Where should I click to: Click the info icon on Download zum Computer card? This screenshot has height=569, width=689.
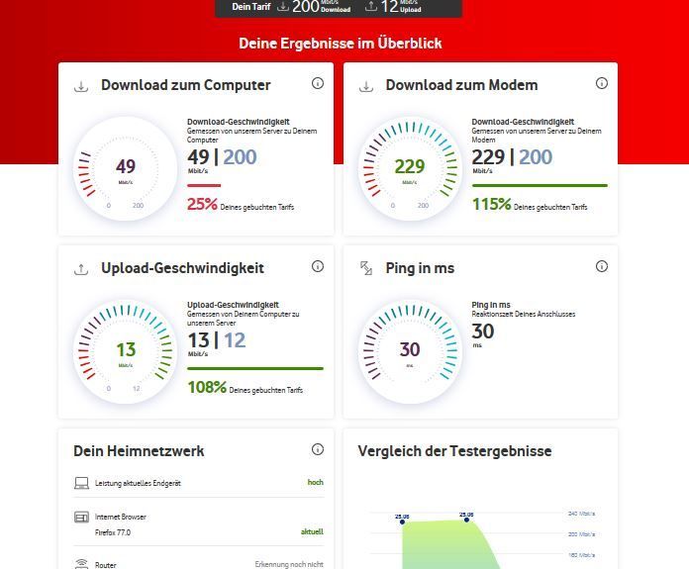pyautogui.click(x=318, y=83)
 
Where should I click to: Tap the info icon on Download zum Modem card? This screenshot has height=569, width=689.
pyautogui.click(x=602, y=83)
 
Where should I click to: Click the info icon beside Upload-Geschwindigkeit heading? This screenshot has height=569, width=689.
pyautogui.click(x=318, y=266)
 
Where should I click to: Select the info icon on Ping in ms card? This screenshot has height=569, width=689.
pyautogui.click(x=602, y=266)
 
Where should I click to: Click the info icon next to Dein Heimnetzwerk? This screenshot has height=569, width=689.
pyautogui.click(x=318, y=449)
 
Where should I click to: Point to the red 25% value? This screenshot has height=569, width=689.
pyautogui.click(x=202, y=205)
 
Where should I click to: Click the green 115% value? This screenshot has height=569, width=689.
pyautogui.click(x=491, y=205)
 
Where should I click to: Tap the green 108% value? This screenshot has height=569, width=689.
pyautogui.click(x=207, y=387)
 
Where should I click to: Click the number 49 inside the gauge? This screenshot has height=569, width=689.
pyautogui.click(x=126, y=166)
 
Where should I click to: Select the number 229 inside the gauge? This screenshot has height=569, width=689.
pyautogui.click(x=410, y=166)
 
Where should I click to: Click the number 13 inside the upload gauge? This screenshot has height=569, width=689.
pyautogui.click(x=126, y=349)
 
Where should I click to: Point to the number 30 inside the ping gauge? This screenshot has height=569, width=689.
pyautogui.click(x=410, y=349)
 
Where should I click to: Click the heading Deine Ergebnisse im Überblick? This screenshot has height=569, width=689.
pyautogui.click(x=340, y=44)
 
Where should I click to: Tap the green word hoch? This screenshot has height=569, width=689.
pyautogui.click(x=315, y=483)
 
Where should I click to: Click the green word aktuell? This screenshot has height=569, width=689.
pyautogui.click(x=312, y=532)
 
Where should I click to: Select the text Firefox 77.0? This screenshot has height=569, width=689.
pyautogui.click(x=113, y=532)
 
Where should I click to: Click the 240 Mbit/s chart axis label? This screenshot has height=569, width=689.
pyautogui.click(x=581, y=514)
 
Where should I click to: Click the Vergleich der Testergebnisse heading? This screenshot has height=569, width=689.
pyautogui.click(x=454, y=451)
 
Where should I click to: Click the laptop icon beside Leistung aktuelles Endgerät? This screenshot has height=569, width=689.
pyautogui.click(x=82, y=483)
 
